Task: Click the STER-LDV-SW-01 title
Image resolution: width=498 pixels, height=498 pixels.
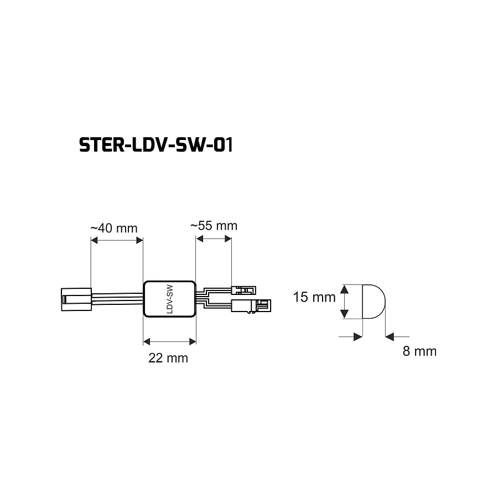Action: pos(156,145)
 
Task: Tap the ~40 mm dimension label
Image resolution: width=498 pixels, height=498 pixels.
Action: pos(113,228)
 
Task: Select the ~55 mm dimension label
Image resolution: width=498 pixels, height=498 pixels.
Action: pos(214,226)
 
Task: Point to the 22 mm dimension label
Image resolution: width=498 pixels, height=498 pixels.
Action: pos(168,358)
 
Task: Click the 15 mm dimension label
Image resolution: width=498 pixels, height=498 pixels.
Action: pos(314,297)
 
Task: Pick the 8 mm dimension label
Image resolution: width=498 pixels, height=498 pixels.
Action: pos(419,351)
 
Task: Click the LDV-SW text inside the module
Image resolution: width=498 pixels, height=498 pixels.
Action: pos(170,299)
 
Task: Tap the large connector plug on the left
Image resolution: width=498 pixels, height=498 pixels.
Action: pos(76,299)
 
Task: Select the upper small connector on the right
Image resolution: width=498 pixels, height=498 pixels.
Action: pos(243,290)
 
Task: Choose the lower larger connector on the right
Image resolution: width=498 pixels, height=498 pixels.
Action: pos(251,306)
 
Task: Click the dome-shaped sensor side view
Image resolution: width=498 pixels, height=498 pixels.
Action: pos(374,302)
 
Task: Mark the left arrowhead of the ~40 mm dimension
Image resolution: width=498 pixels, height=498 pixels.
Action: pos(94,240)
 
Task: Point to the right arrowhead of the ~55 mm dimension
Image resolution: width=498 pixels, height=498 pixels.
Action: pos(228,238)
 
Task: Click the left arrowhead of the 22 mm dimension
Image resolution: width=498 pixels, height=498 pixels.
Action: pos(147,341)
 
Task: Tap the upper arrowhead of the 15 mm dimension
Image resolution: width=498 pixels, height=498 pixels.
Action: pos(344,289)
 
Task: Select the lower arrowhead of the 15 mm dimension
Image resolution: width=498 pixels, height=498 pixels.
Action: pos(344,314)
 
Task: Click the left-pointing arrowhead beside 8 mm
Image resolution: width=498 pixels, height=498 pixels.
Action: pos(390,336)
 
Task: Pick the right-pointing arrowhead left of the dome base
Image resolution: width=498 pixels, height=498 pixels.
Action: pos(358,336)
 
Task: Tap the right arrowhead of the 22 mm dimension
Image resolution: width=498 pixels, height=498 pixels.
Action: pos(193,341)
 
